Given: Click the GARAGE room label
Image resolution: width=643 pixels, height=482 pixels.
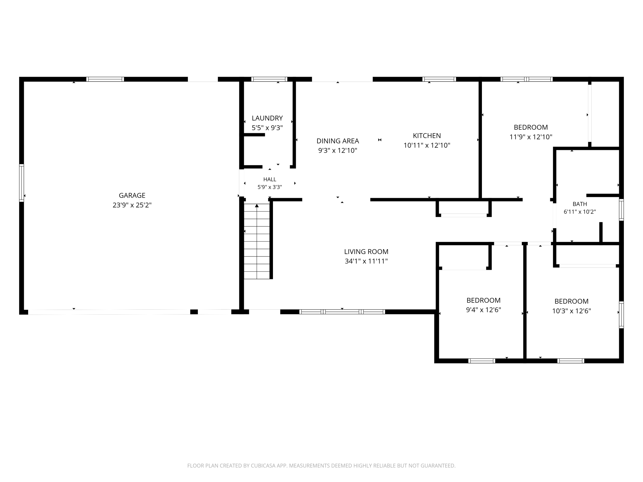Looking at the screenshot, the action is point(132,195).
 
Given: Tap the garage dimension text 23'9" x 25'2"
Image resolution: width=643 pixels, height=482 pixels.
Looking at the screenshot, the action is point(132,205).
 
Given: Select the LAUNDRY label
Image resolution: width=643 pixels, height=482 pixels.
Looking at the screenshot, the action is point(267,118).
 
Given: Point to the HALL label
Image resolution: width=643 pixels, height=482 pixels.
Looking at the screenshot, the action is point(270,179).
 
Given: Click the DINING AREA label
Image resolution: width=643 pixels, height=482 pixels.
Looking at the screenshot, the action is point(338,141).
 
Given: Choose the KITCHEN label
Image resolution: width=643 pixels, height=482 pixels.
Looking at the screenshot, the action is point(427,136).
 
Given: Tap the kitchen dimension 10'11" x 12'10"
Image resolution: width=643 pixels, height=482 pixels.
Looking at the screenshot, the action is point(427,145).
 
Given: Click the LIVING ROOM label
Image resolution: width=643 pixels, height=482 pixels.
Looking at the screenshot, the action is point(366,252).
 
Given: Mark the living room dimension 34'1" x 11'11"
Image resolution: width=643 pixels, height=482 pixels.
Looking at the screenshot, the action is point(366,261).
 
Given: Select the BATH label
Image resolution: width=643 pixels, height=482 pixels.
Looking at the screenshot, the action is point(580,204).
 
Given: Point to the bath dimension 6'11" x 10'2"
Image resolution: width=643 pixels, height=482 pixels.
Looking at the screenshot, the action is point(580,212).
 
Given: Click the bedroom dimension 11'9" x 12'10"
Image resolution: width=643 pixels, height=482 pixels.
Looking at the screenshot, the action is point(531,137).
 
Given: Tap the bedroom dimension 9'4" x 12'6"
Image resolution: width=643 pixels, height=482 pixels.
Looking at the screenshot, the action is point(483,310).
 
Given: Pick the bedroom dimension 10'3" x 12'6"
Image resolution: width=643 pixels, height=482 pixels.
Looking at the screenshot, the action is point(571,311).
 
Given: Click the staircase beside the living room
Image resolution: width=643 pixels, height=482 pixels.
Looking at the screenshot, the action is point(257,241).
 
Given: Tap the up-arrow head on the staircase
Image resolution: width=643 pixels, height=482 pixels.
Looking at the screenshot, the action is point(257,205).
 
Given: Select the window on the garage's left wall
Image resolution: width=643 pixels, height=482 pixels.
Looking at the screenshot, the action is point(22,183).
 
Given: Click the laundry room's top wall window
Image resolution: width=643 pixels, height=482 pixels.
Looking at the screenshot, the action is point(269,79).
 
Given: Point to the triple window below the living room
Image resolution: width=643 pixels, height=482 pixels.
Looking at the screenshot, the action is point(342,312).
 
